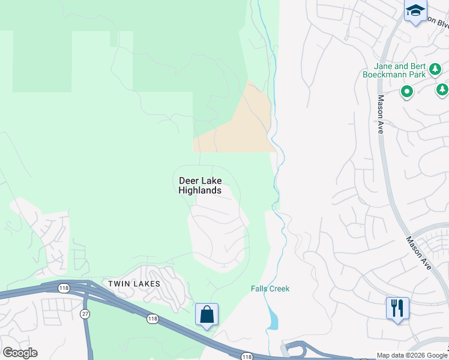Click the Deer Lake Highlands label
coord(200,185)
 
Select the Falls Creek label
coord(270,289)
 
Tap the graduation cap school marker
coord(415,11)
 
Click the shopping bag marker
coord(206,314)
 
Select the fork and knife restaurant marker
coord(397,308)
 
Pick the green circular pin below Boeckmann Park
coord(406,92)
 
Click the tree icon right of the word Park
coord(442,89)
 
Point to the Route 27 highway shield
coord(85,314)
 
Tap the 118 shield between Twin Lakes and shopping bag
coord(153,319)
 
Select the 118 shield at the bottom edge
coord(249,356)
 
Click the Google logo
coord(20,353)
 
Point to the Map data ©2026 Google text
coord(412,355)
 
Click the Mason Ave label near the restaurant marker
coord(419,252)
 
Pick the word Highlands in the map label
coord(200,191)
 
